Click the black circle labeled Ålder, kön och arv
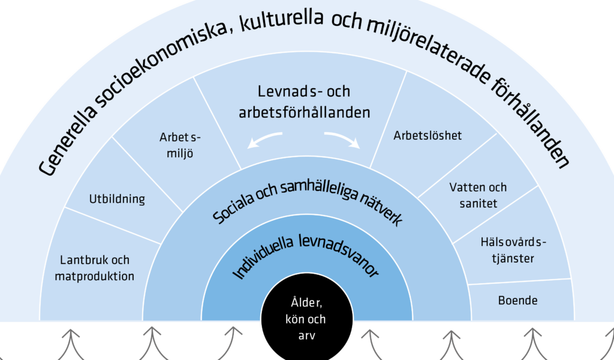point(306,318)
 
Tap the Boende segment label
point(517,301)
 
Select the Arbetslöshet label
point(428,136)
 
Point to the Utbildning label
point(117,199)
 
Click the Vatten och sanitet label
point(478,195)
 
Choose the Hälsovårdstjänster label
point(513,250)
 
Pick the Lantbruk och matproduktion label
point(94,268)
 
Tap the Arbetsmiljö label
point(180,145)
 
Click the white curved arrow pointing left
point(263,139)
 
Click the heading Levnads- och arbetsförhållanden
point(304,102)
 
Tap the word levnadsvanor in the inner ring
point(339,254)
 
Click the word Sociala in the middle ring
point(233,207)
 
